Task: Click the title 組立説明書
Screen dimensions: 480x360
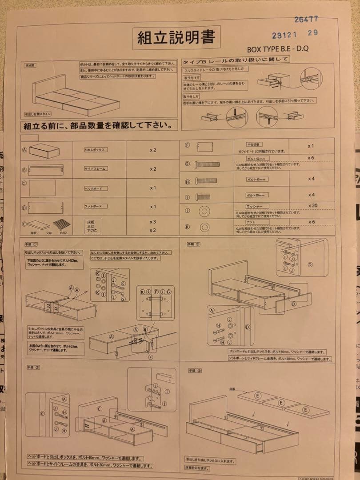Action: (176, 38)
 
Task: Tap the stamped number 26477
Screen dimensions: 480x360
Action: (306, 19)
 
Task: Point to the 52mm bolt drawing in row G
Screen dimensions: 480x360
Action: (207, 164)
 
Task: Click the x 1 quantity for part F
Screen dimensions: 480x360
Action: (312, 146)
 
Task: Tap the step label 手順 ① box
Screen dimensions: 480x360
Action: (32, 244)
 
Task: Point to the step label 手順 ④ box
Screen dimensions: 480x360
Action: (195, 370)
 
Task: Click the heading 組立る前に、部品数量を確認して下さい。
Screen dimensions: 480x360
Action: (98, 126)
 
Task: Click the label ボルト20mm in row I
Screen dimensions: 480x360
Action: (257, 195)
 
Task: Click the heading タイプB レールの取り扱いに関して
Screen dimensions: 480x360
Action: (236, 60)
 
